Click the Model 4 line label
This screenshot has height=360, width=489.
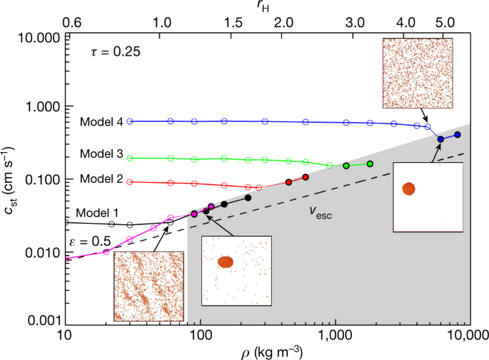point(99,121)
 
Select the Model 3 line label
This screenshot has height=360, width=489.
point(99,153)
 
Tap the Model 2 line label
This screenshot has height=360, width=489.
point(99,177)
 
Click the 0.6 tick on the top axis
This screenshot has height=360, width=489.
point(72,22)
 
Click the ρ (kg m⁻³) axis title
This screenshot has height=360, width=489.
point(265,352)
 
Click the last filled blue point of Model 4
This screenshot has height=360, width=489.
point(458,134)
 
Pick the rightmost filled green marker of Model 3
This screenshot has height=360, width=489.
point(370,164)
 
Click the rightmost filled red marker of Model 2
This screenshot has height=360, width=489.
point(305,176)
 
